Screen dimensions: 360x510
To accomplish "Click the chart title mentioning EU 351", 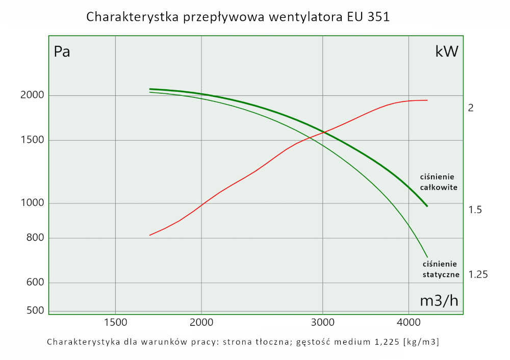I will [x=238, y=17].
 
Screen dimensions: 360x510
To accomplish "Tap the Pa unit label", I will [x=62, y=52].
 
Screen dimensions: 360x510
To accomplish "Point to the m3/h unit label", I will [x=439, y=301].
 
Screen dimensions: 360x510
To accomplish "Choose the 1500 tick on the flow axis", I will [x=115, y=322].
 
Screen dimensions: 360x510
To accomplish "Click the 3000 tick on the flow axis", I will [x=322, y=322].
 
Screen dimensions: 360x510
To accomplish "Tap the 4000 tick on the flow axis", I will [x=409, y=322].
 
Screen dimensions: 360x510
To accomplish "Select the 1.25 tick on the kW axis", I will [x=478, y=274].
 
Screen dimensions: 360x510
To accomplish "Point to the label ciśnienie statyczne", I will [x=441, y=269].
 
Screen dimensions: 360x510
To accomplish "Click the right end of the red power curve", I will [x=427, y=100].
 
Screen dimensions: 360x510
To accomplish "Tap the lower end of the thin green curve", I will [x=427, y=257].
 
